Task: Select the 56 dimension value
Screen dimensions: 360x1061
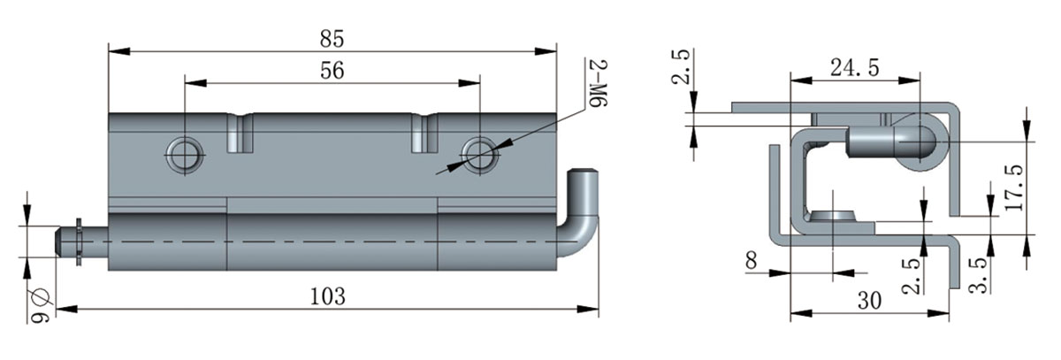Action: coord(332,73)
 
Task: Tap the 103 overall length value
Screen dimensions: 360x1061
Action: coord(329,295)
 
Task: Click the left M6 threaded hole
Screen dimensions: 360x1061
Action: coord(185,153)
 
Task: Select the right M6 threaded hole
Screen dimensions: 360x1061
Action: coord(479,153)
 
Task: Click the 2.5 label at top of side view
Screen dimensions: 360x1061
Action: coord(681,66)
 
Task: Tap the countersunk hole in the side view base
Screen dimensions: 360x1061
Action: coord(834,216)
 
